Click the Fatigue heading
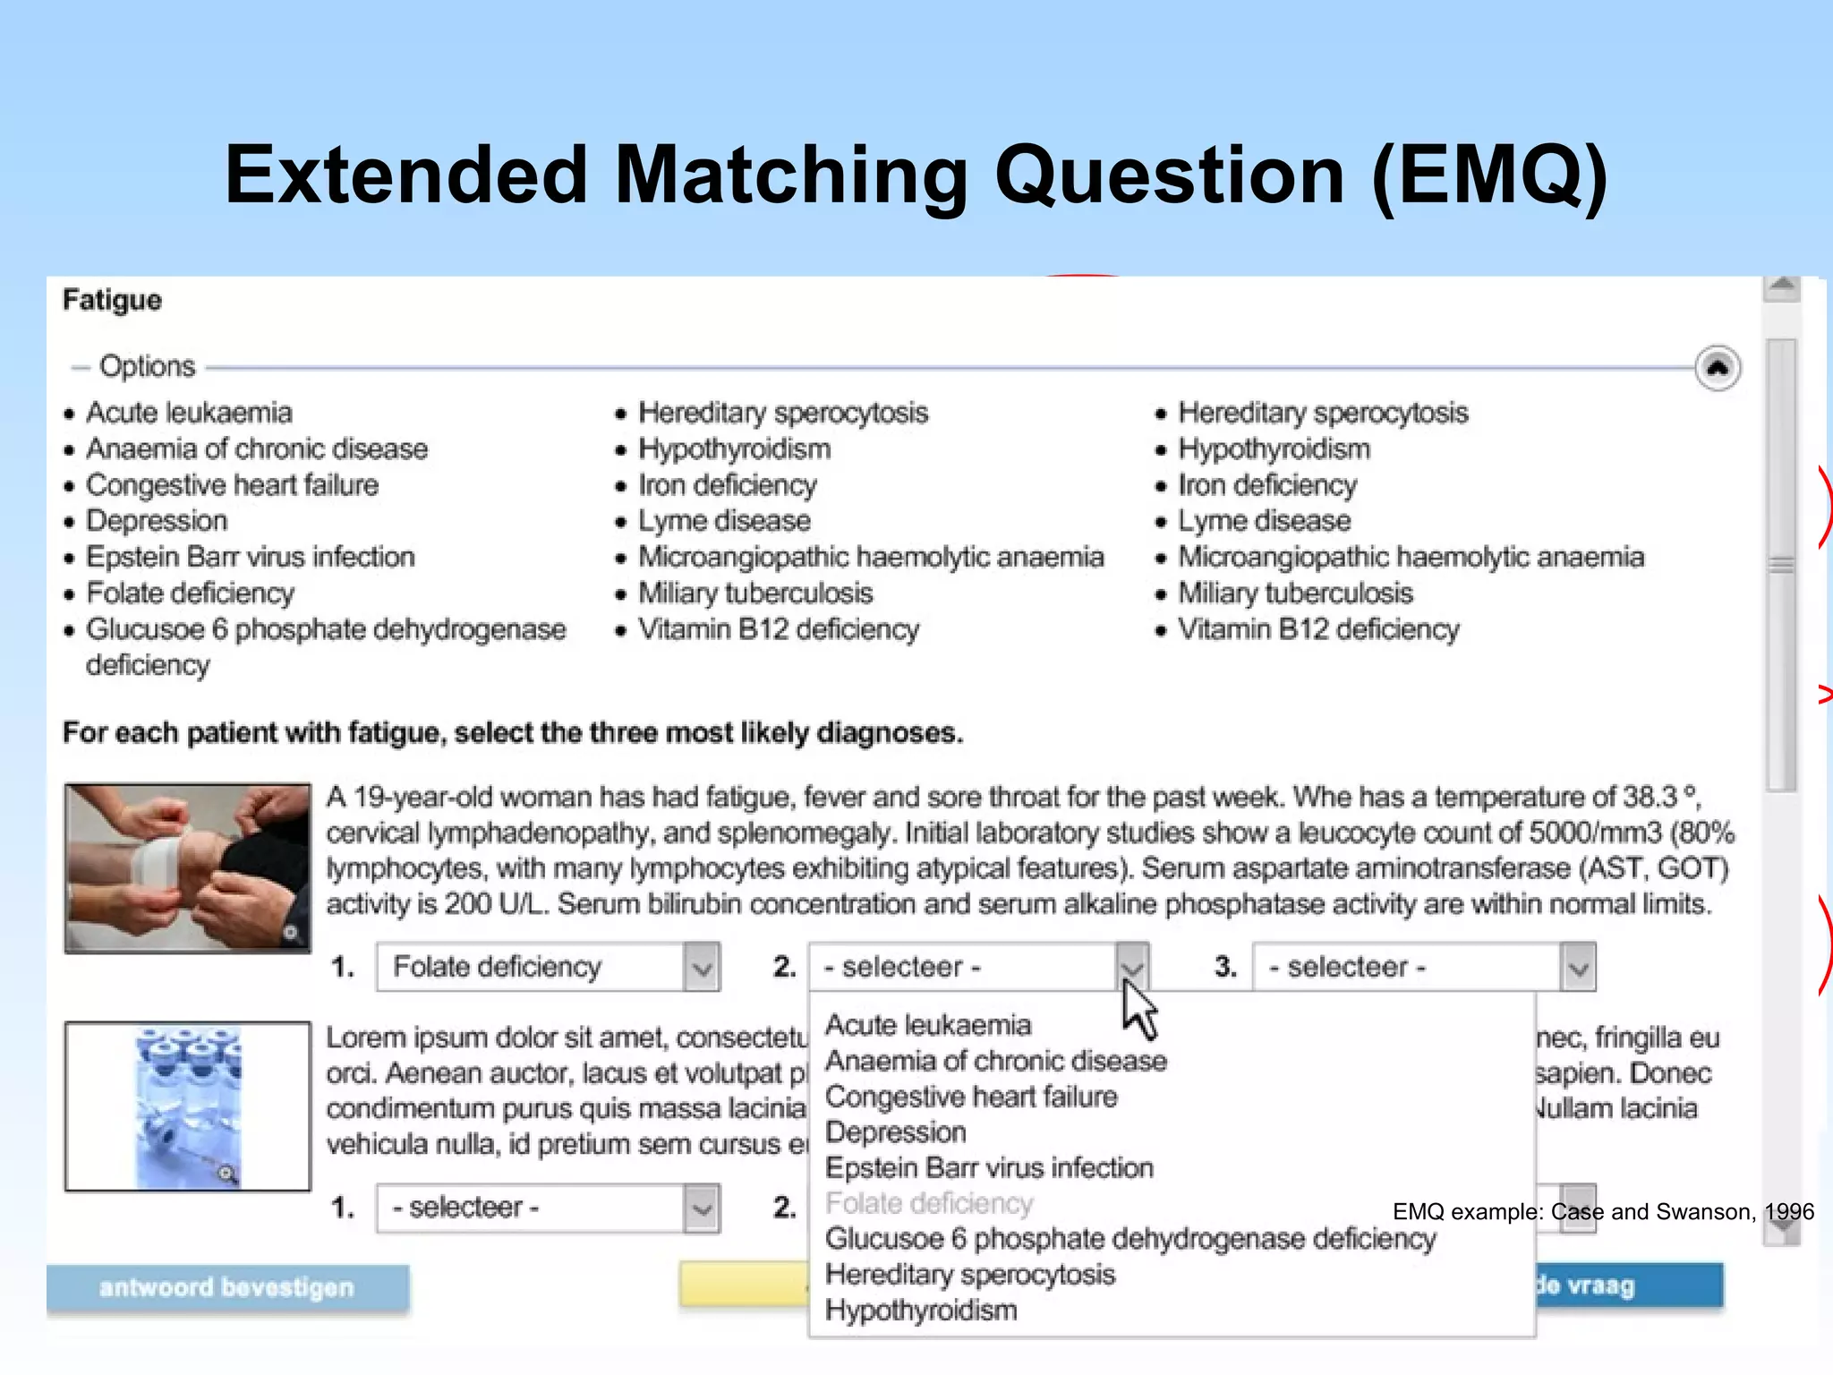click(x=112, y=300)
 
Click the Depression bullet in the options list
click(x=157, y=521)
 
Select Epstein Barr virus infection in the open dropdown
click(x=989, y=1168)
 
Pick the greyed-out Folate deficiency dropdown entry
click(x=929, y=1204)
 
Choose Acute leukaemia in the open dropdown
click(x=928, y=1025)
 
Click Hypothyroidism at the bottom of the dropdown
click(x=921, y=1311)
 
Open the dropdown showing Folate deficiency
click(x=548, y=967)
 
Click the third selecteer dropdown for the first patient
click(x=1423, y=967)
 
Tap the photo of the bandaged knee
click(x=188, y=867)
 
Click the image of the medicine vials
click(x=188, y=1106)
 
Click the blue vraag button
click(x=1629, y=1285)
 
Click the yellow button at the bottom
click(x=743, y=1285)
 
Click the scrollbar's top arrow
click(x=1782, y=286)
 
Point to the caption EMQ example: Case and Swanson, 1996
click(x=1603, y=1212)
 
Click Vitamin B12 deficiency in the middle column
click(x=778, y=629)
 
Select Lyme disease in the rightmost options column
click(x=1264, y=521)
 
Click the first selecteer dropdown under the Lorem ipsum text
click(x=548, y=1208)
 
